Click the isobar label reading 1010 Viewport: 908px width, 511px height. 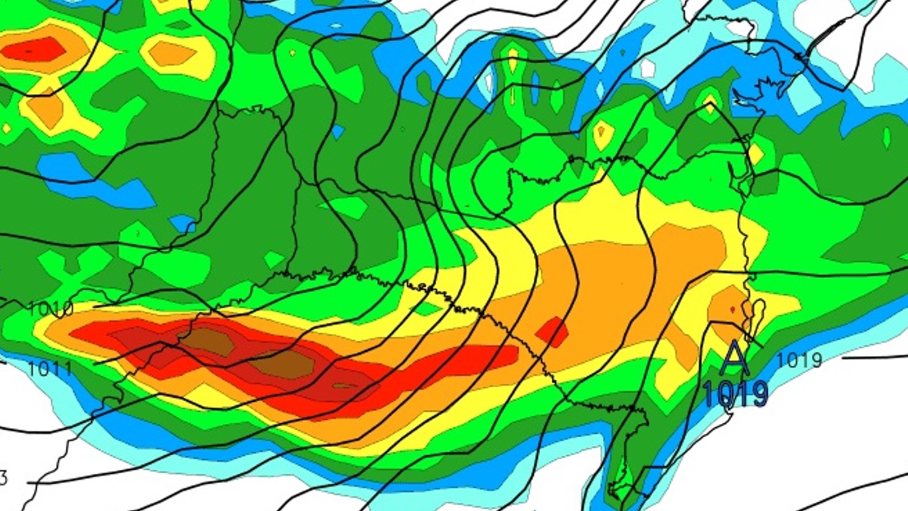point(51,309)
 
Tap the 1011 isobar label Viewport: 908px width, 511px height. point(51,368)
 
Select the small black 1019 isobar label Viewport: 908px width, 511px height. point(799,361)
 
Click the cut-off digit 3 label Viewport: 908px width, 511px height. point(3,478)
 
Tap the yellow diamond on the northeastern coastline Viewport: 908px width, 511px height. point(755,154)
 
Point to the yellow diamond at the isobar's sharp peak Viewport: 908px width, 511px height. point(710,103)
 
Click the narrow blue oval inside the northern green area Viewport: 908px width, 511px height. point(535,86)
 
